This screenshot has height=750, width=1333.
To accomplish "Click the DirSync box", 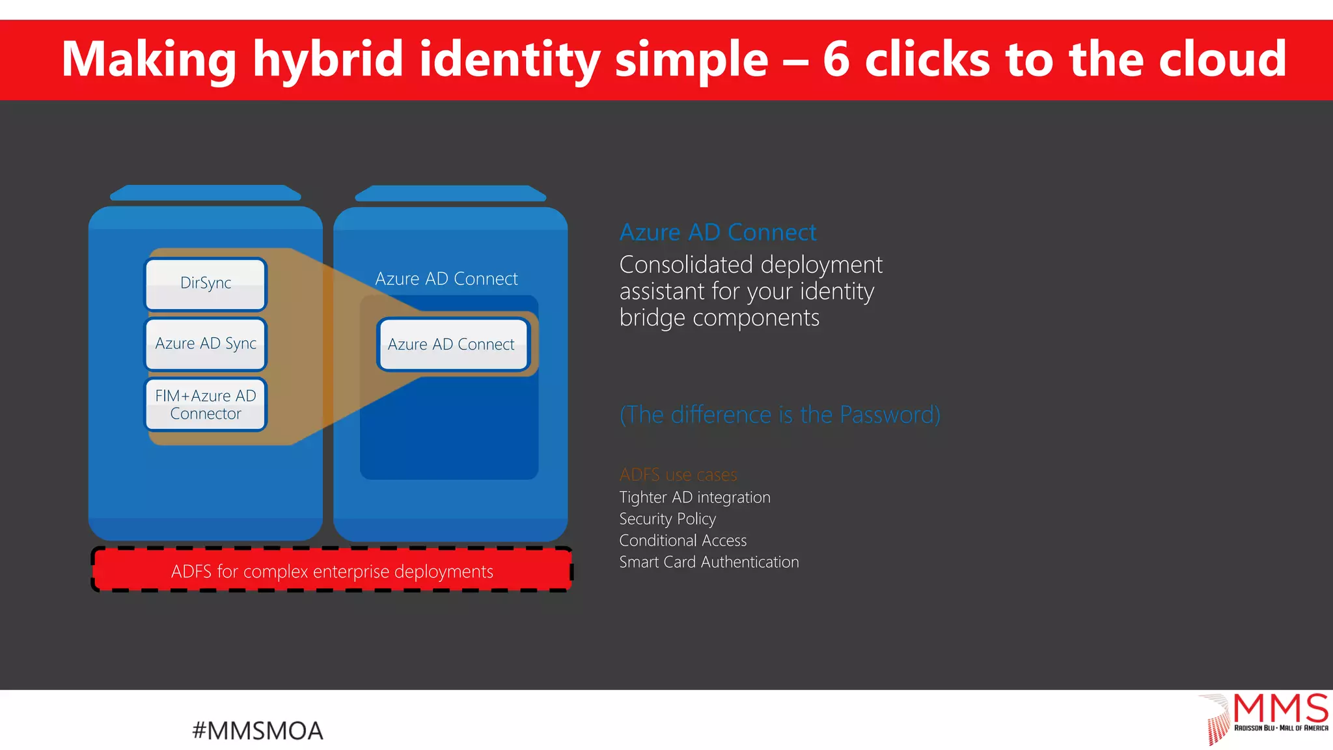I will [206, 284].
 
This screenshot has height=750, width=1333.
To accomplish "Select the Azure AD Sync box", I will [206, 344].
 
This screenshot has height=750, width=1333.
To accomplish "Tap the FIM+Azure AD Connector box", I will [206, 404].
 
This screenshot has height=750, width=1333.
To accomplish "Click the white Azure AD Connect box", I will [452, 344].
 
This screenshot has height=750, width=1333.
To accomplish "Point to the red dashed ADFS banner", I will [332, 570].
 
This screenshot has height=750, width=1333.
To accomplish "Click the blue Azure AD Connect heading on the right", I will [717, 232].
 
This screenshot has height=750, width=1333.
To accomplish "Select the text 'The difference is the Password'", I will [780, 415].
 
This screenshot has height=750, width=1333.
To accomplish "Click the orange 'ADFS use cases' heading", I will [678, 475].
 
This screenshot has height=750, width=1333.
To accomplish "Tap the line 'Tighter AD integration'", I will [694, 497].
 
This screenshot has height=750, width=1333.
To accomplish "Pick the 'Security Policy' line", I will [667, 519].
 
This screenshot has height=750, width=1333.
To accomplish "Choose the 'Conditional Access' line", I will [683, 540].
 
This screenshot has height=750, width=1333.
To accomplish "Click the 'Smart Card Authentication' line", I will [709, 562].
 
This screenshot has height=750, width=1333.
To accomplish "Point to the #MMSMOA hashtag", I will [258, 730].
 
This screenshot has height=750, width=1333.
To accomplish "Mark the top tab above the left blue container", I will [206, 193].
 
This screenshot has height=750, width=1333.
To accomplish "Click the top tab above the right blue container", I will [450, 193].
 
